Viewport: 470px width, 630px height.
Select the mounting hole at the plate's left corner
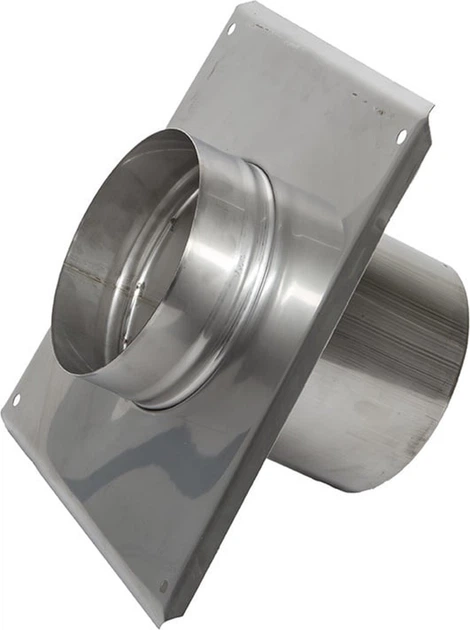16,400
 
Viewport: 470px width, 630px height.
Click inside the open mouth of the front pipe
120,260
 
